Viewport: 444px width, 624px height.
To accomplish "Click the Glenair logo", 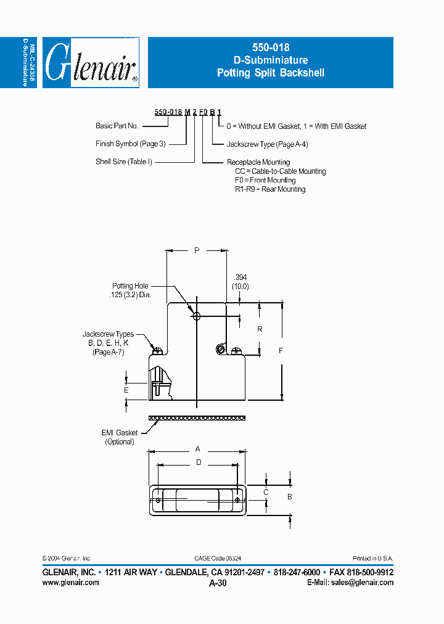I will pos(91,63).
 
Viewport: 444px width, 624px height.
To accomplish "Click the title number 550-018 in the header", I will pos(270,47).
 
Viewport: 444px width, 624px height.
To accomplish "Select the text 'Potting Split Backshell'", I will pos(270,73).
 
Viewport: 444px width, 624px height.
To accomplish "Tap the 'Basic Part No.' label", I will pos(117,126).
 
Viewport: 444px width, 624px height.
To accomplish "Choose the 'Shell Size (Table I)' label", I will pos(123,162).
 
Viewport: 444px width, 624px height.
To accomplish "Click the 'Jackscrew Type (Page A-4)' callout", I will pos(267,144).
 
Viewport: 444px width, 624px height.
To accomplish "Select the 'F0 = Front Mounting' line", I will pos(266,180).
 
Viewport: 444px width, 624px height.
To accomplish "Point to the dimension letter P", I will pos(197,250).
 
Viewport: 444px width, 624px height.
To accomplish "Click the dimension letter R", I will pos(260,329).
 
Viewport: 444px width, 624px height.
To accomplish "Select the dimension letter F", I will pos(281,351).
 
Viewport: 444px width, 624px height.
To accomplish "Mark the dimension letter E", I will pos(126,390).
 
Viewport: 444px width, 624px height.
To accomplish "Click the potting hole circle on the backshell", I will pos(197,316).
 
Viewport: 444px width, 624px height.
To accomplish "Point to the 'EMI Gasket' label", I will pos(120,433).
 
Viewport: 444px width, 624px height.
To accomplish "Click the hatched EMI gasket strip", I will pos(197,418).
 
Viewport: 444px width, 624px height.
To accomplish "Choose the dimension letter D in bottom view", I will pos(199,462).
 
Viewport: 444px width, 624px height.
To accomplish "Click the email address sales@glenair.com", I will pos(360,582).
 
